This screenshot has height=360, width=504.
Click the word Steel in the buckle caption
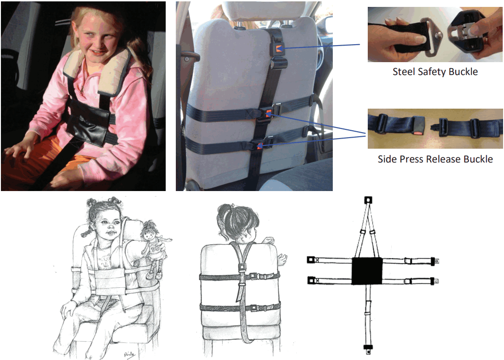(403, 72)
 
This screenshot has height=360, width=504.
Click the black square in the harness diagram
(367, 271)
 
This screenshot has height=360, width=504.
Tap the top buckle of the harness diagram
(368, 200)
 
